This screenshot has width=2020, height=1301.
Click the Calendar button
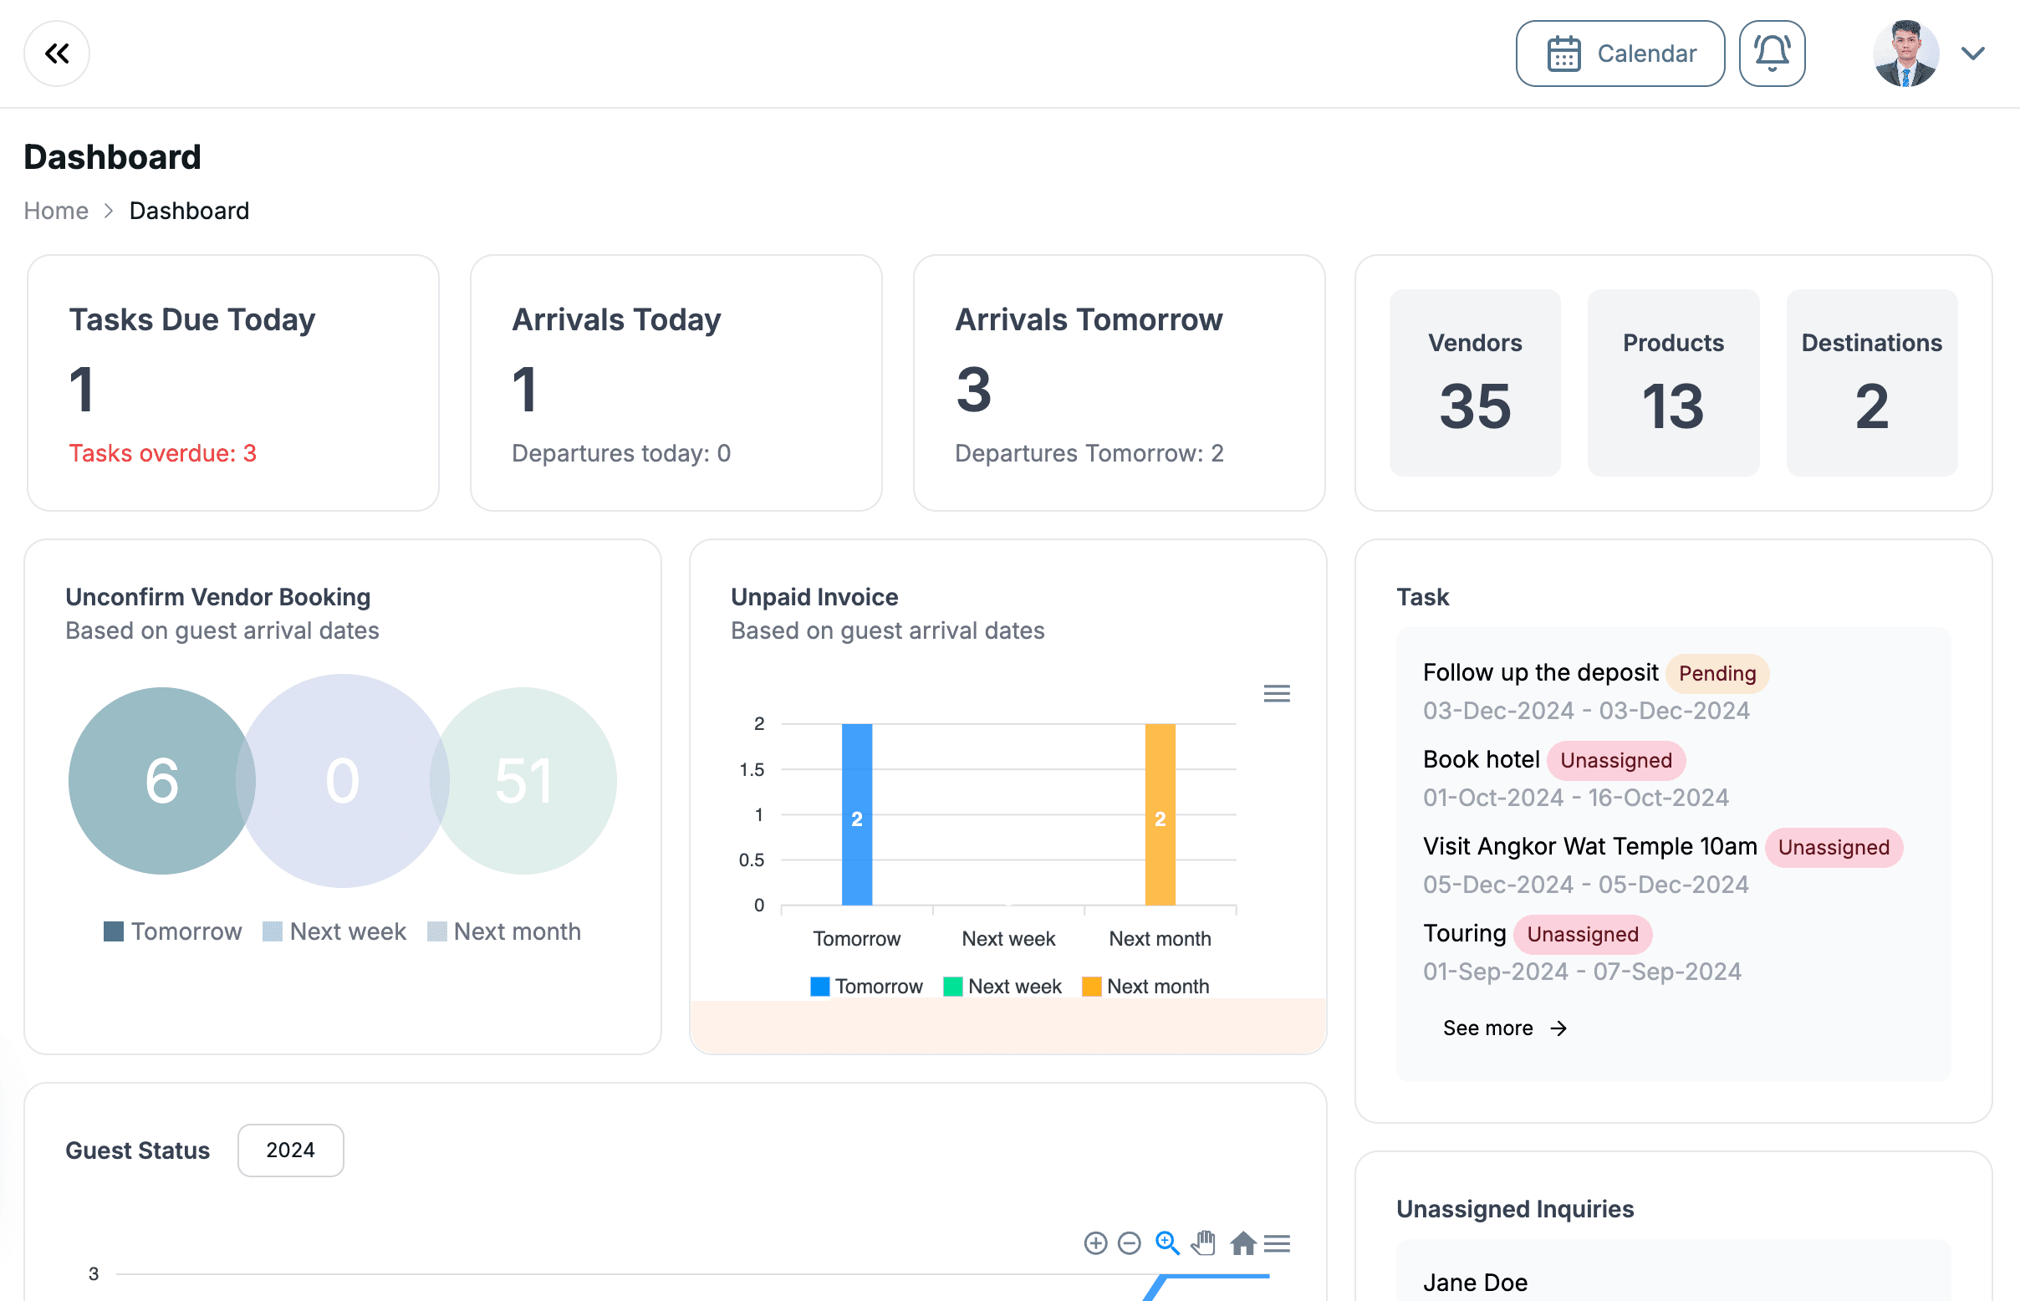[1620, 54]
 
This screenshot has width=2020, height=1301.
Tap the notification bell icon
[1772, 54]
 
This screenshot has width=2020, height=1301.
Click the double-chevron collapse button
[57, 54]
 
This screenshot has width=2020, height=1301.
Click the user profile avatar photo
[1905, 54]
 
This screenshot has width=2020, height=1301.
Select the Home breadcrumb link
[56, 211]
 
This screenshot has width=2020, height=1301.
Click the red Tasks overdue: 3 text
[162, 454]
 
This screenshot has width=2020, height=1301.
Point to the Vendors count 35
[1474, 406]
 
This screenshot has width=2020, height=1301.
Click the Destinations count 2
[1871, 406]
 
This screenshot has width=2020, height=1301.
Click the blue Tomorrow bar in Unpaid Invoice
[856, 814]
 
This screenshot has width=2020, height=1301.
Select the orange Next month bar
[1159, 814]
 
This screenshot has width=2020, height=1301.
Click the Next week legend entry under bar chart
[1002, 986]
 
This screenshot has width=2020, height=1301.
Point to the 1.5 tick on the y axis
[751, 769]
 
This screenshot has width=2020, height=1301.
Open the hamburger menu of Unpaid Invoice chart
[1276, 694]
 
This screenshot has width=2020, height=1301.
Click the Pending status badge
[1716, 673]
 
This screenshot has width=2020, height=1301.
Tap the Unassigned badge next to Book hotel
[1615, 760]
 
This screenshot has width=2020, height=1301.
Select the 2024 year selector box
[290, 1150]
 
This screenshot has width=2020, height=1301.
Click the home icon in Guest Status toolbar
[1242, 1242]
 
